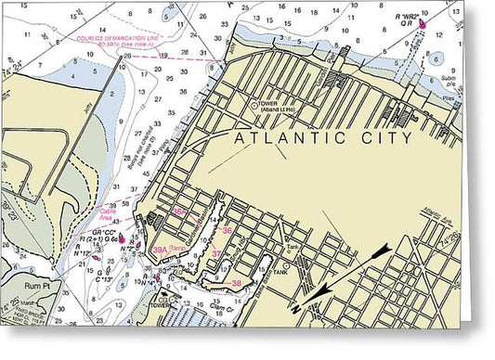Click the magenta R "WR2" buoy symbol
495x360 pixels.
coord(423,24)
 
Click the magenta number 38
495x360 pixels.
coord(238,283)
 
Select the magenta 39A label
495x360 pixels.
coord(160,250)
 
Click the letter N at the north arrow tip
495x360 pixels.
coord(298,308)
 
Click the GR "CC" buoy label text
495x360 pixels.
coord(103,231)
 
